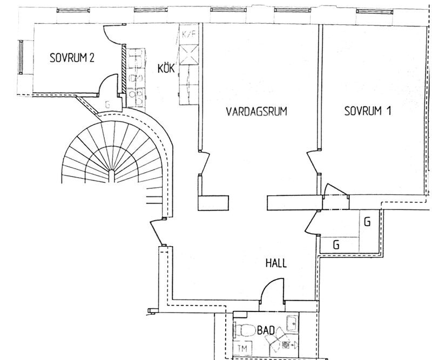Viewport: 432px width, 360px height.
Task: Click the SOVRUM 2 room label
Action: (x=72, y=58)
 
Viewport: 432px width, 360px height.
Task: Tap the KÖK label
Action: (x=166, y=68)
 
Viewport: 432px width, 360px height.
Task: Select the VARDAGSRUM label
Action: (x=256, y=112)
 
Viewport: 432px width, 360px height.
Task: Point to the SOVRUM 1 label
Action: (x=368, y=111)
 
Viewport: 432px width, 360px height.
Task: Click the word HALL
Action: (x=276, y=263)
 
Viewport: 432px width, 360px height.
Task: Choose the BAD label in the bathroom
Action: (x=266, y=330)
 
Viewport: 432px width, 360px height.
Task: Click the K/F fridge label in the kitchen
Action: (x=188, y=34)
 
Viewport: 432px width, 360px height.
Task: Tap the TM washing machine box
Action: (x=242, y=348)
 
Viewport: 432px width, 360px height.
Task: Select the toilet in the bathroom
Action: (x=245, y=330)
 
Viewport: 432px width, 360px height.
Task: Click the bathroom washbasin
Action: (x=292, y=323)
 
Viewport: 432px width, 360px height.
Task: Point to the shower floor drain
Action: (x=286, y=344)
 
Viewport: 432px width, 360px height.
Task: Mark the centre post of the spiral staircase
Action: (x=111, y=176)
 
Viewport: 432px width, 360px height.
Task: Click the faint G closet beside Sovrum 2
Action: (x=107, y=104)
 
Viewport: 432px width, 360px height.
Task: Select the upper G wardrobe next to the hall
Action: (x=367, y=222)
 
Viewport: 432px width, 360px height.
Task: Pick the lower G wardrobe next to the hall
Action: (x=336, y=244)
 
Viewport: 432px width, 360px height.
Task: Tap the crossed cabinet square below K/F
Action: (x=188, y=55)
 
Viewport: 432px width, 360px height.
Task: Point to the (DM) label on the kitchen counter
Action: (x=136, y=78)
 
